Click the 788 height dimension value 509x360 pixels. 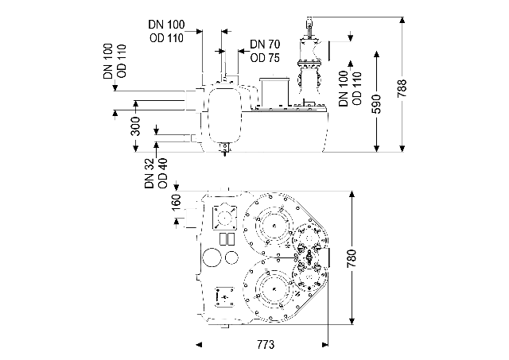[402, 88]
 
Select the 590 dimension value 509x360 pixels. [376, 104]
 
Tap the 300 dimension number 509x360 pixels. [136, 126]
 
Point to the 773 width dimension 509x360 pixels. [266, 344]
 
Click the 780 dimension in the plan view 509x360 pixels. [352, 258]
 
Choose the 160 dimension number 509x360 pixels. [177, 203]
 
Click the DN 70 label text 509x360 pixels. [265, 45]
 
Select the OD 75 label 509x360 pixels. [265, 58]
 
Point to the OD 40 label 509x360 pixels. [162, 173]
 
